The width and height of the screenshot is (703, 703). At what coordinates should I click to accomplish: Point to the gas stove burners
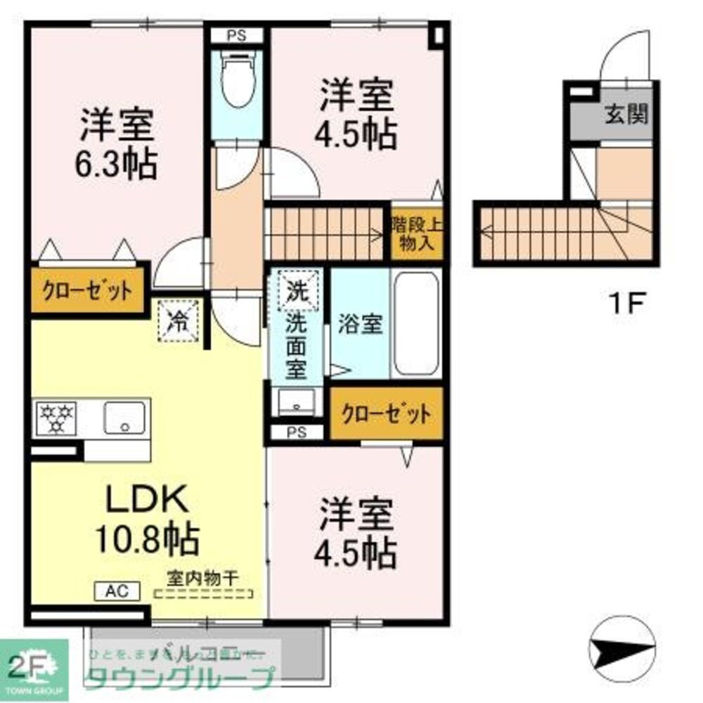[56, 418]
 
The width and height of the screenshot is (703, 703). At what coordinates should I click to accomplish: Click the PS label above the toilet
[236, 35]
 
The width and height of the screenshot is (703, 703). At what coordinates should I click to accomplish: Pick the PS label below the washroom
[296, 433]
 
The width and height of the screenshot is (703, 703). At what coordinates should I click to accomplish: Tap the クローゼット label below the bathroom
[385, 415]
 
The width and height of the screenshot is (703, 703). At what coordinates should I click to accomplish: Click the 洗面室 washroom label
[295, 344]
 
